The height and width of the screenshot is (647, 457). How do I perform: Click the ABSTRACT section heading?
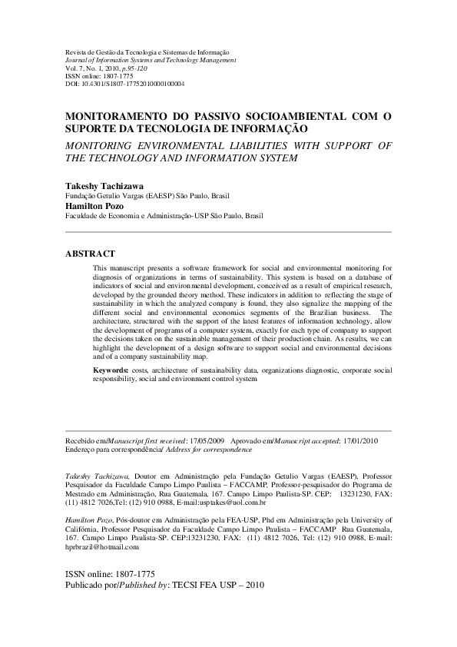coord(90,253)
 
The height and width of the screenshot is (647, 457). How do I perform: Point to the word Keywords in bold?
coord(111,370)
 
